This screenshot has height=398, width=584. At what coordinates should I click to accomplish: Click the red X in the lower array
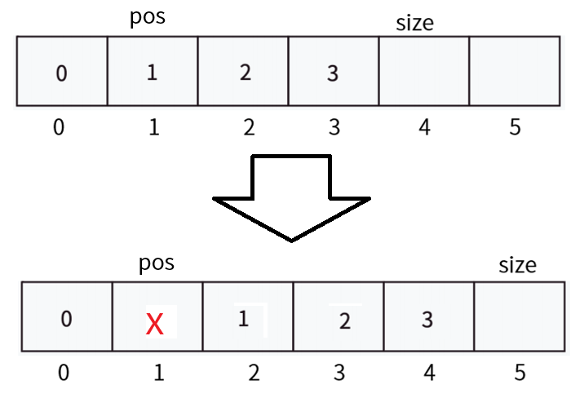[x=155, y=324]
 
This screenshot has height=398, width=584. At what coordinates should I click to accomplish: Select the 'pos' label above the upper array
[x=148, y=17]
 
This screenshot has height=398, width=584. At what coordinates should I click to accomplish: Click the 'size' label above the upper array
[x=414, y=23]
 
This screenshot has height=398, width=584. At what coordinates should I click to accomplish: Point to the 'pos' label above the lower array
[x=157, y=263]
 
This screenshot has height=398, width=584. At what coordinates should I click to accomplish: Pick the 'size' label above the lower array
[x=517, y=265]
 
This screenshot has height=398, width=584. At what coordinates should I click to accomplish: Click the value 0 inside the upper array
[x=61, y=73]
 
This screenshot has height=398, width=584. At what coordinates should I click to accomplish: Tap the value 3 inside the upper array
[x=333, y=73]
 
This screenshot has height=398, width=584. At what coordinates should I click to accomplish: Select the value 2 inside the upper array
[x=245, y=73]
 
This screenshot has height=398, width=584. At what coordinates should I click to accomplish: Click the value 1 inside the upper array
[x=152, y=73]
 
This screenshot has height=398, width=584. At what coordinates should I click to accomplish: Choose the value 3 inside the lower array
[x=427, y=320]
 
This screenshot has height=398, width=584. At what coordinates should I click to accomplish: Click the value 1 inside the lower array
[x=243, y=319]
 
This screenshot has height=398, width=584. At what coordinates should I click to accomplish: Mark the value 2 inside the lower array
[x=345, y=321]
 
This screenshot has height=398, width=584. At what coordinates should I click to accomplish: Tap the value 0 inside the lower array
[x=66, y=319]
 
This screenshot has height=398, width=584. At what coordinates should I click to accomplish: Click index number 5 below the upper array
[x=515, y=127]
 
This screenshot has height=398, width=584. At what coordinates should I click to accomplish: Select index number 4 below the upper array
[x=425, y=127]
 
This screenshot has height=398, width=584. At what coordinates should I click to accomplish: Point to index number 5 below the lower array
[x=520, y=373]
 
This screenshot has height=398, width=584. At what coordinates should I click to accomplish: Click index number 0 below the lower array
[x=64, y=373]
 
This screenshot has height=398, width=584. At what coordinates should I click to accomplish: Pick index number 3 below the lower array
[x=339, y=373]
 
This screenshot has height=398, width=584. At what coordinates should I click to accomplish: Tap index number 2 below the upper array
[x=249, y=127]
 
